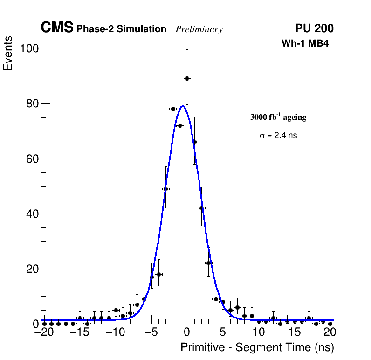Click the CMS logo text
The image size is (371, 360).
click(57, 28)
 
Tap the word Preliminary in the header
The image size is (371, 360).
click(199, 29)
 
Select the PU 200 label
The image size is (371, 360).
click(314, 28)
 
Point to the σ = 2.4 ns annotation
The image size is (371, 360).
click(278, 136)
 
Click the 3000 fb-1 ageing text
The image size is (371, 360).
click(278, 118)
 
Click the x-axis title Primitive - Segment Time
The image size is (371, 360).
click(257, 348)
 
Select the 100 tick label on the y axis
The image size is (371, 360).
click(28, 48)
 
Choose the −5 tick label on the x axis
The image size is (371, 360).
click(151, 332)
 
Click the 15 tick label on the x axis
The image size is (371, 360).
click(294, 332)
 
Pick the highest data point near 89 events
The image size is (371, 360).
click(187, 78)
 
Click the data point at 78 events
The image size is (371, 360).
click(173, 109)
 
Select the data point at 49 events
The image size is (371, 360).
click(165, 189)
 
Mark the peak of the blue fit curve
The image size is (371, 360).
click(183, 106)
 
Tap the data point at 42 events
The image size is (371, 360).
click(201, 208)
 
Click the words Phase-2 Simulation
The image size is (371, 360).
click(121, 29)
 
